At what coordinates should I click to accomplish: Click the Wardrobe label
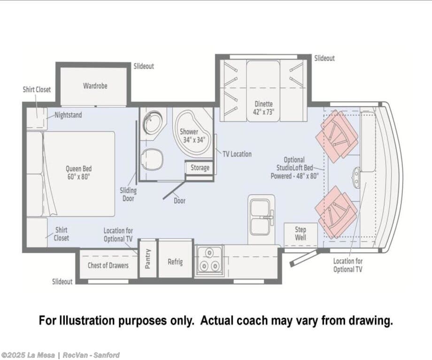pos(95,86)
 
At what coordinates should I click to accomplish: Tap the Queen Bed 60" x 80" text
pos(78,173)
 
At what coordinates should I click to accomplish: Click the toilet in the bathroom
pos(152,160)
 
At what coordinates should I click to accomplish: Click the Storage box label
pos(200,168)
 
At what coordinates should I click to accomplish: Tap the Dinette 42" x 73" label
pos(264,108)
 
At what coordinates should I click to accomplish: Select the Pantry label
pos(147,259)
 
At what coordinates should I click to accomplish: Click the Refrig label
pos(175,261)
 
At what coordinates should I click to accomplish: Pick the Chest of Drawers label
pos(108,265)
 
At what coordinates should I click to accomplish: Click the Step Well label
pos(301,234)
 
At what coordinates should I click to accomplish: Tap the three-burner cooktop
pos(209,260)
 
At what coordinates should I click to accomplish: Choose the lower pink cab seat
pos(336,212)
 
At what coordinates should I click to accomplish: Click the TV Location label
pos(237,154)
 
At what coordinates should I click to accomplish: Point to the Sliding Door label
pos(128,194)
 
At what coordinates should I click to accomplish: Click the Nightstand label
pos(69,115)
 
